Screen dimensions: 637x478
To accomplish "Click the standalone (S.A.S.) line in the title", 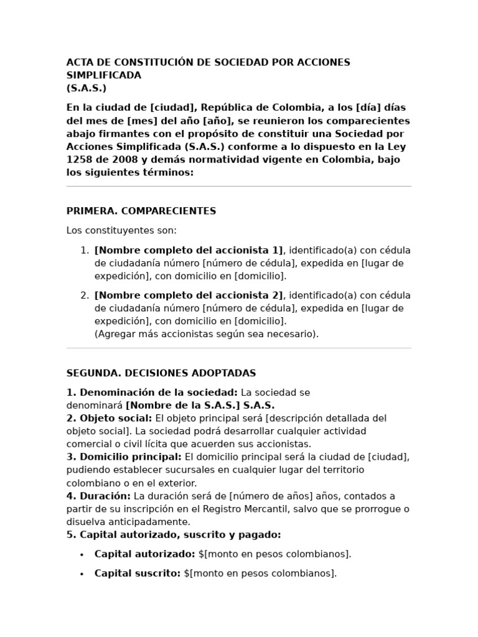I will [x=87, y=88].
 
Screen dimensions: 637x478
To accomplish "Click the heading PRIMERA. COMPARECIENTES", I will [x=141, y=211].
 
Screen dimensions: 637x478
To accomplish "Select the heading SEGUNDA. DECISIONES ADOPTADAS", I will [x=161, y=373].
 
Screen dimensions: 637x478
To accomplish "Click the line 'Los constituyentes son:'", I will [x=121, y=231].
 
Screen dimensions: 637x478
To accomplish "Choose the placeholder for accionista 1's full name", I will [x=189, y=250].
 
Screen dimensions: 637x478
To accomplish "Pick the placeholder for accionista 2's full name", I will [x=189, y=295].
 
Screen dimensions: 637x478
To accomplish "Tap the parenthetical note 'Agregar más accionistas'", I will [x=206, y=334].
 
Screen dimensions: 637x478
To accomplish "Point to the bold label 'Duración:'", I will [x=105, y=496].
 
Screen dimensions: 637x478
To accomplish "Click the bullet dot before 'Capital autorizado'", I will [x=82, y=554].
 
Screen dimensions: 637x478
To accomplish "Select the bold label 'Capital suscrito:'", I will [x=138, y=574].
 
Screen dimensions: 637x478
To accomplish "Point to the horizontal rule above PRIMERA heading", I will [x=239, y=186].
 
